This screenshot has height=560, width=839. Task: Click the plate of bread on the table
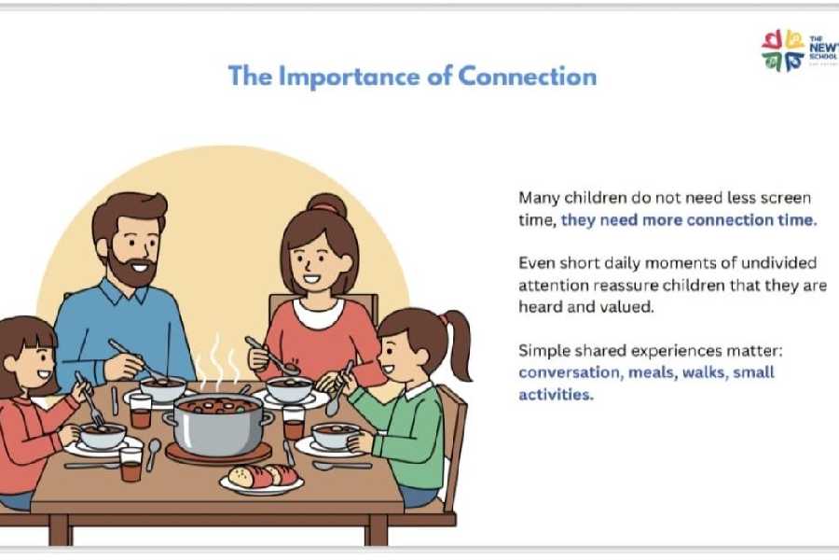(260, 477)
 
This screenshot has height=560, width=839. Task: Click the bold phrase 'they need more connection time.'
(689, 220)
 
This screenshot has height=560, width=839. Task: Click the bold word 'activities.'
(556, 394)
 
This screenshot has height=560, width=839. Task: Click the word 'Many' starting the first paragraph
(538, 198)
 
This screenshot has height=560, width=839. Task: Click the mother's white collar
(317, 309)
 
